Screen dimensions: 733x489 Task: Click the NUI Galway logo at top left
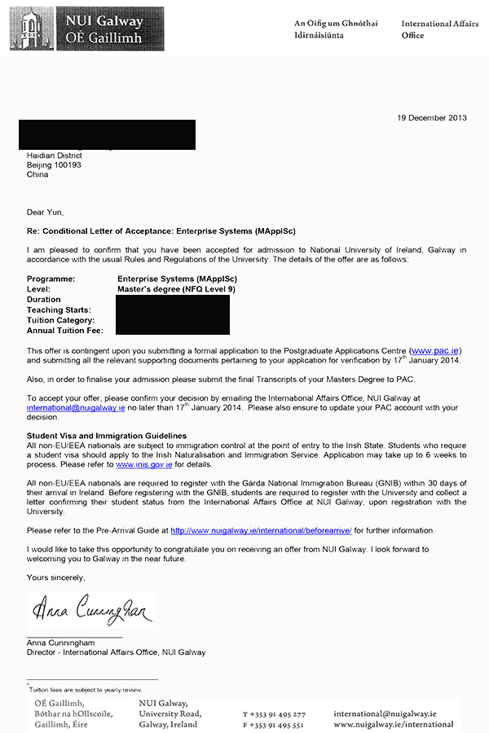pyautogui.click(x=86, y=29)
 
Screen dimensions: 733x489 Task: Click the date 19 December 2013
pyautogui.click(x=432, y=117)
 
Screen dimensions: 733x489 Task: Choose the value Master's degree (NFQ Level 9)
pyautogui.click(x=176, y=289)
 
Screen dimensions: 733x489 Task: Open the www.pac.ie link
pyautogui.click(x=437, y=350)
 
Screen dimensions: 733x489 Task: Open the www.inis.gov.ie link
pyautogui.click(x=144, y=464)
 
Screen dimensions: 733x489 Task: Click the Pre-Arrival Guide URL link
pyautogui.click(x=260, y=530)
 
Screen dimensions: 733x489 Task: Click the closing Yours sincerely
pyautogui.click(x=55, y=577)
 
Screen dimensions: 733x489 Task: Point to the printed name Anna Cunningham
pyautogui.click(x=62, y=643)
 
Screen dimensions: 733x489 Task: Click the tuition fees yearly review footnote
pyautogui.click(x=86, y=689)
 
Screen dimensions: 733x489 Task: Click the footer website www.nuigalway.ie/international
pyautogui.click(x=394, y=724)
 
